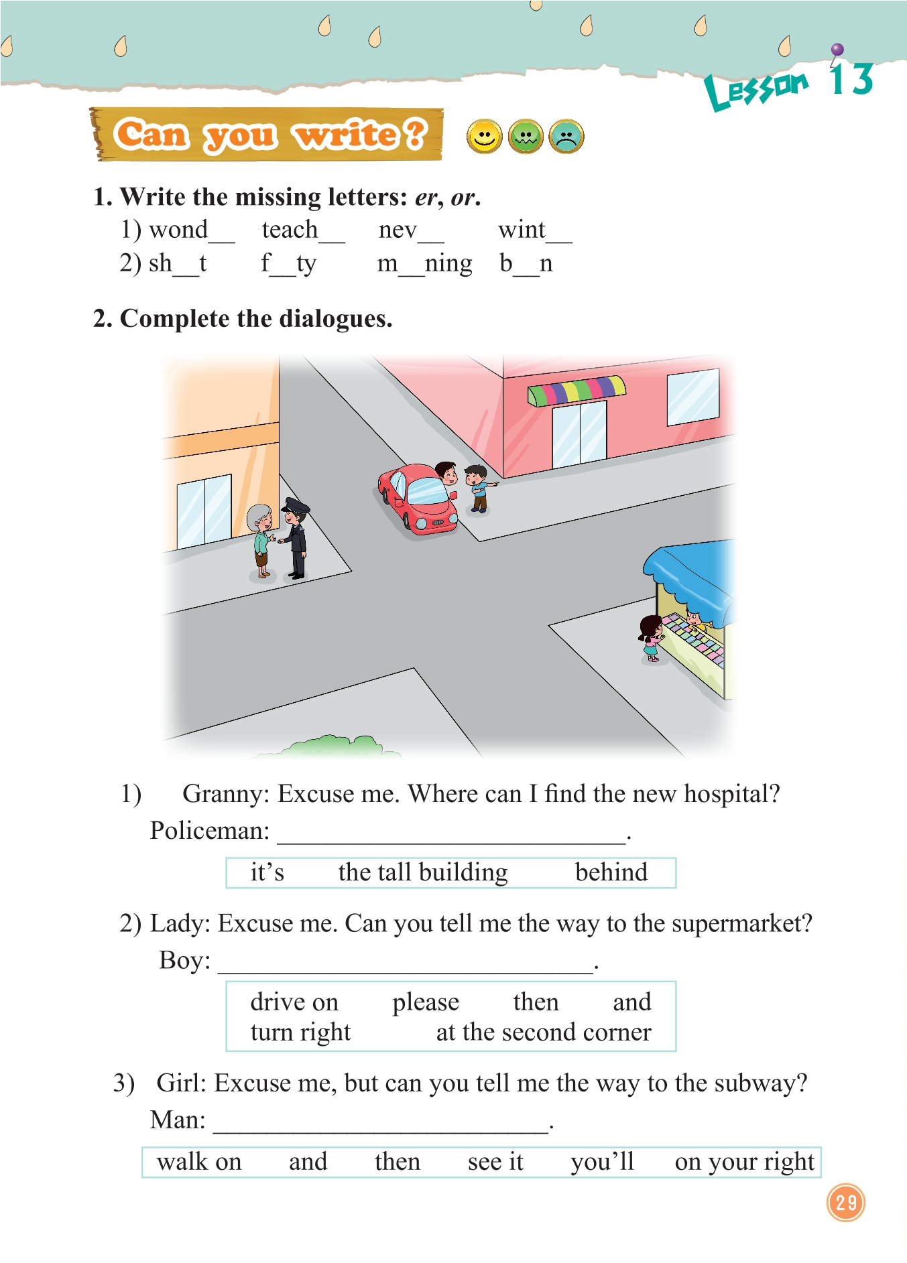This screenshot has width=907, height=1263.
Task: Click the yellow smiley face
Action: coord(483,137)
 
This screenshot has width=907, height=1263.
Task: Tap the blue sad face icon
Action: coord(566,137)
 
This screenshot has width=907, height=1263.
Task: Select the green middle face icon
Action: coord(526,137)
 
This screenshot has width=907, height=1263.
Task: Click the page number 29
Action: coord(846,1202)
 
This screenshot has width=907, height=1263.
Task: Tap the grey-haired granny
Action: coord(261,540)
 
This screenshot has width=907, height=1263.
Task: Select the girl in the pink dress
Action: coord(650,639)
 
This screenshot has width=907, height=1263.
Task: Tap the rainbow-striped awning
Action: coord(577,391)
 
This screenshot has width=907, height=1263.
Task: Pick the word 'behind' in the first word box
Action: coord(611,872)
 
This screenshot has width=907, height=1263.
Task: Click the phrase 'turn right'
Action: coord(300,1033)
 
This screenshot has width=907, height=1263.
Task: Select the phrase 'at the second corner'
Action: coord(543,1033)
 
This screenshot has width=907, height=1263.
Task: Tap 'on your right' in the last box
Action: coord(744,1162)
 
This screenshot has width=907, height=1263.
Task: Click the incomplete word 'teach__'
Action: coord(302,230)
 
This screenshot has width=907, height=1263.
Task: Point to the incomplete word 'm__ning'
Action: coord(424,264)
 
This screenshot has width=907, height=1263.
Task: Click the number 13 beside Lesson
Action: coord(851,80)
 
